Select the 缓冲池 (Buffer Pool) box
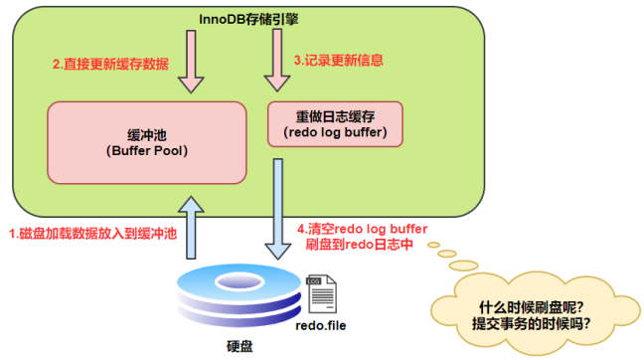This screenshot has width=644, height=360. [x=146, y=141]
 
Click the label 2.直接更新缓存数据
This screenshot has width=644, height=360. [x=109, y=64]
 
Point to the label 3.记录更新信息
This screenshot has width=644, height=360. [x=339, y=61]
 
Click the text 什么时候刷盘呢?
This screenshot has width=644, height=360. [x=534, y=305]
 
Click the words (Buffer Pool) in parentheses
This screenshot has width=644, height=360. [x=146, y=152]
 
